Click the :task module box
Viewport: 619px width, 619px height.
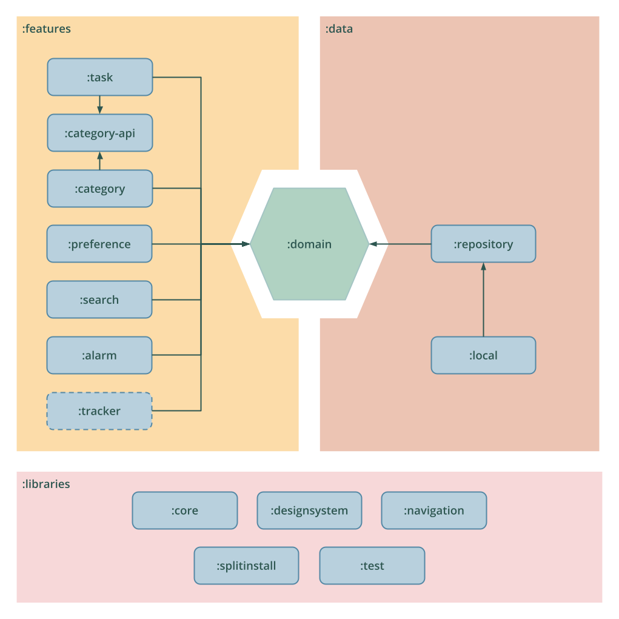99,77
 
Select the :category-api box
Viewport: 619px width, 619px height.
99,133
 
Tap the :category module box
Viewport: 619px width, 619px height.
99,189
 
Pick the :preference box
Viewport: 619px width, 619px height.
99,244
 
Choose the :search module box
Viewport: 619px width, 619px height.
99,299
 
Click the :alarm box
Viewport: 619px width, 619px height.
99,355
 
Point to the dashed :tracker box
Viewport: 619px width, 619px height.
99,411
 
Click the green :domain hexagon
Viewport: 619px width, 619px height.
309,244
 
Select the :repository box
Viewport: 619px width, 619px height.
483,244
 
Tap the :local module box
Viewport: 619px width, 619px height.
483,355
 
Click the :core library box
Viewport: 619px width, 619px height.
185,510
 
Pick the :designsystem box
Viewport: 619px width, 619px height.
309,510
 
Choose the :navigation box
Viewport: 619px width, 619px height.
433,510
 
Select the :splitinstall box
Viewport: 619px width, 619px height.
246,566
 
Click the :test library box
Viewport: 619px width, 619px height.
372,566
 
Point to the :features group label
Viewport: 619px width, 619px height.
46,29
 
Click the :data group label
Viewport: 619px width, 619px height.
339,29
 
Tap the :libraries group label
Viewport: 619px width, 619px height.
46,484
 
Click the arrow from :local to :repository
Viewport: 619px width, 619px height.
483,300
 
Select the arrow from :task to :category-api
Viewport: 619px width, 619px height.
99,105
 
